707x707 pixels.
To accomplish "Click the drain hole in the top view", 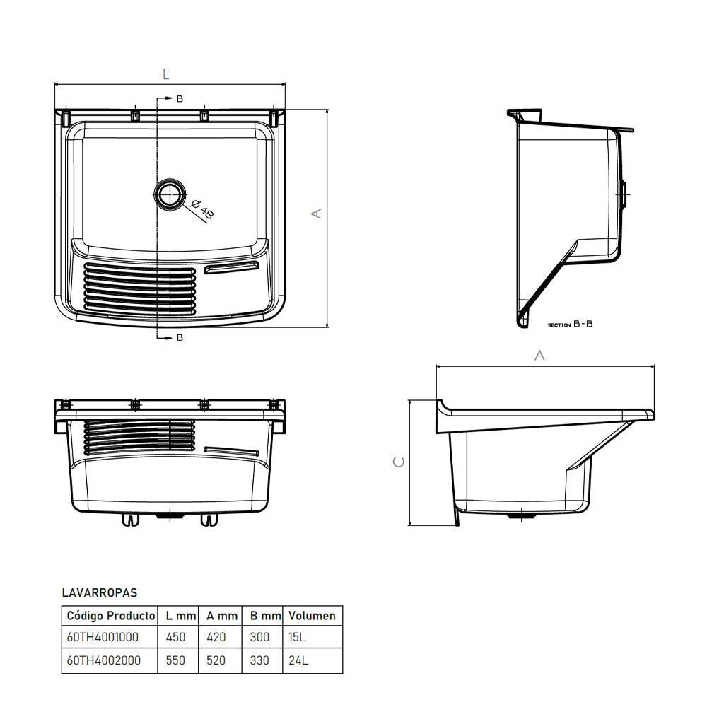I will click(170, 194).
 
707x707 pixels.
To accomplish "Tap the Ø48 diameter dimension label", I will click(200, 208).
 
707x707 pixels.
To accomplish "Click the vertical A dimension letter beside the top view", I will click(317, 213).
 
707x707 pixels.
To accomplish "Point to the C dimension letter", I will click(399, 462).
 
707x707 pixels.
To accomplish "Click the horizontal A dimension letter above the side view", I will click(539, 356).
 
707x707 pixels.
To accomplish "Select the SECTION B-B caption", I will click(570, 325).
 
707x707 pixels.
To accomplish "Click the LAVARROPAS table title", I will click(99, 593).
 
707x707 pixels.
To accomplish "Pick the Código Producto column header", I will click(110, 616).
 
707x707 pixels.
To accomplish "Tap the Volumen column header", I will click(312, 616).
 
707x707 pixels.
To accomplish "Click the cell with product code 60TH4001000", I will click(103, 637).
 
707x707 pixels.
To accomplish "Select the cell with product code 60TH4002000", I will click(103, 661).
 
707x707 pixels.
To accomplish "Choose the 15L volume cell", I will click(297, 637).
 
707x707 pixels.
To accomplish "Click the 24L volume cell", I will click(298, 661).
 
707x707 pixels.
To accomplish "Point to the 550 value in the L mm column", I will click(175, 661).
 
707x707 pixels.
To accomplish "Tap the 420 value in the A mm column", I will click(216, 637).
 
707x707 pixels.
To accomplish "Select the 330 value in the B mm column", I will click(259, 661).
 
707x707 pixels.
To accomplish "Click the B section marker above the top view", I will click(180, 99).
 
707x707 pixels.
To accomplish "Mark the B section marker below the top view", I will click(180, 338).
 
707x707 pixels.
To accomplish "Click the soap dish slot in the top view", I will click(232, 267).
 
